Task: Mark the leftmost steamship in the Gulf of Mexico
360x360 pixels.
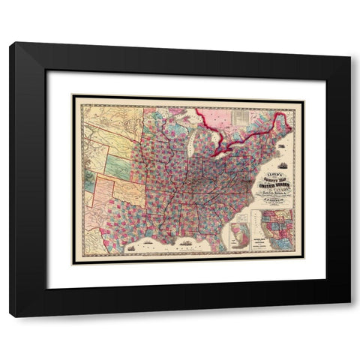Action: pos(134,246)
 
